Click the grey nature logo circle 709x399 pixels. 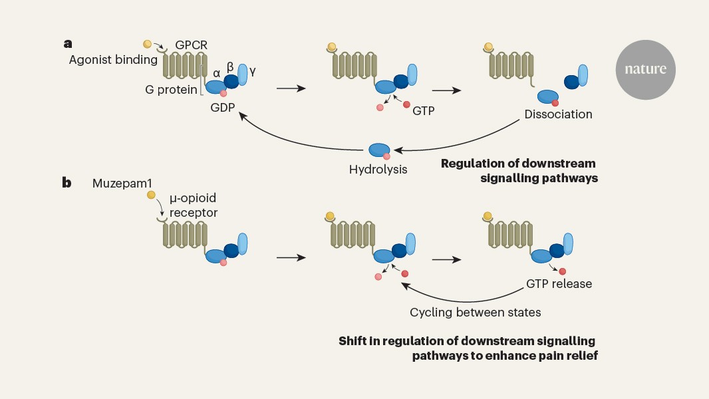(645, 69)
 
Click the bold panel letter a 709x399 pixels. (67, 44)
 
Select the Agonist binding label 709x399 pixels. (113, 60)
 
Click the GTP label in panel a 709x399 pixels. (423, 111)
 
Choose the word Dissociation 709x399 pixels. (558, 114)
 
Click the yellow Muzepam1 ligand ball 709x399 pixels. (152, 195)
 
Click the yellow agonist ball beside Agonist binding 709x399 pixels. (148, 45)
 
